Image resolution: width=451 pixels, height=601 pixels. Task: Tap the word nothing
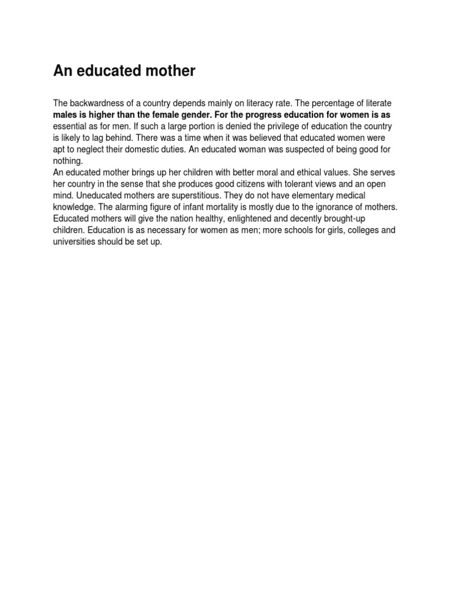click(x=68, y=161)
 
